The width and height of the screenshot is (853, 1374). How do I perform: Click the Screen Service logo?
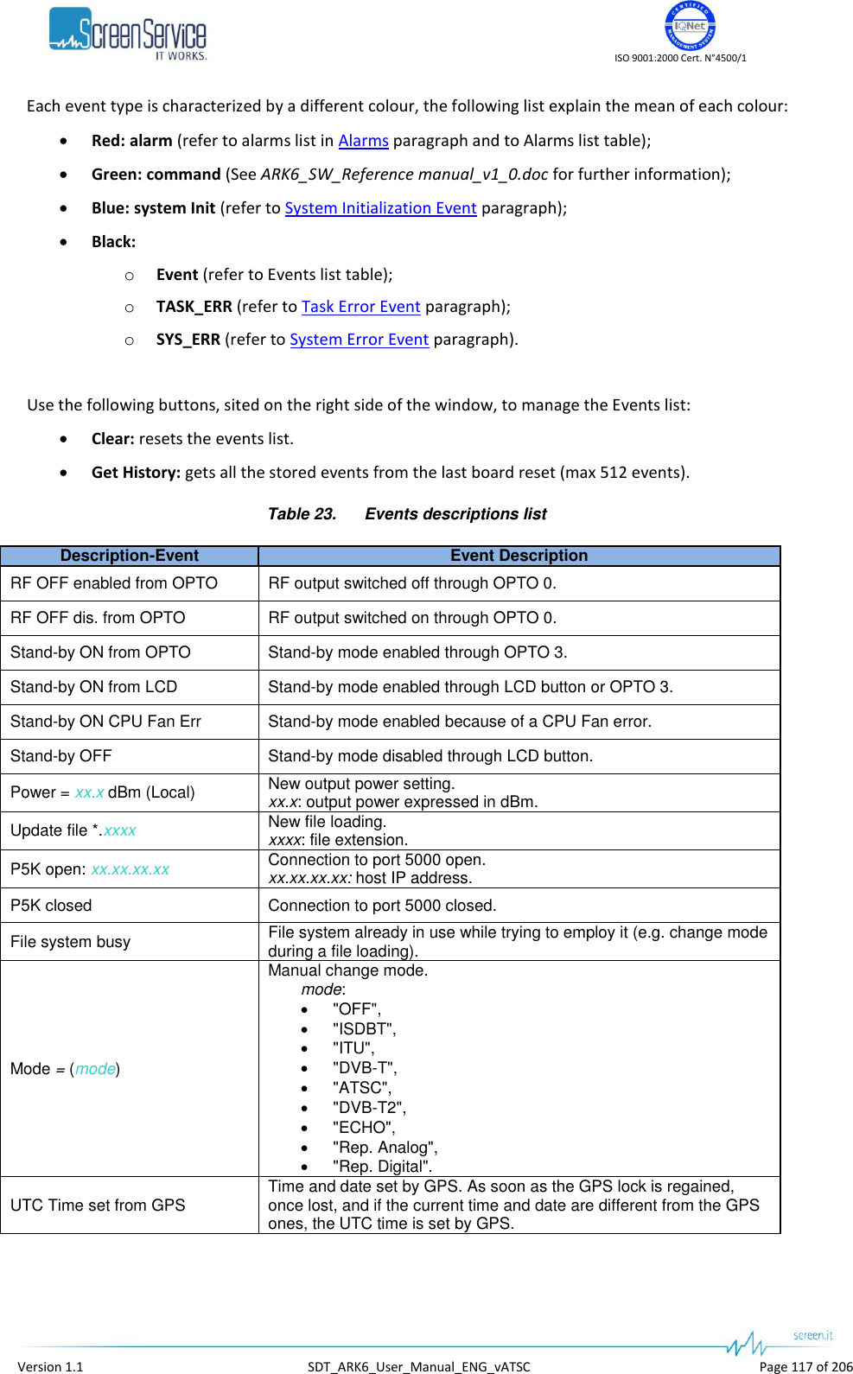pyautogui.click(x=128, y=35)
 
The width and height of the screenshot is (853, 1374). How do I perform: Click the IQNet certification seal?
pyautogui.click(x=689, y=26)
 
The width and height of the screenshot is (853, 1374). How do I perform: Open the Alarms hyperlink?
pyautogui.click(x=363, y=141)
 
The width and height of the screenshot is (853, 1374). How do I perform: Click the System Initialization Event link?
pyautogui.click(x=380, y=208)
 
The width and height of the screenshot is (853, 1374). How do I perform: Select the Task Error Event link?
pyautogui.click(x=360, y=307)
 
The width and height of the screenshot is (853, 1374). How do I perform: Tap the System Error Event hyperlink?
pyautogui.click(x=359, y=340)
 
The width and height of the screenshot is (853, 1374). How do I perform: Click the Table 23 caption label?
pyautogui.click(x=302, y=514)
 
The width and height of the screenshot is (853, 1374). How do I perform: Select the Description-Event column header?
pyautogui.click(x=130, y=556)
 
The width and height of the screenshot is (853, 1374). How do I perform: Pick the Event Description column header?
pyautogui.click(x=519, y=556)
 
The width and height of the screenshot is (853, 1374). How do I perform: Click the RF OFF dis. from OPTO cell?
pyautogui.click(x=98, y=618)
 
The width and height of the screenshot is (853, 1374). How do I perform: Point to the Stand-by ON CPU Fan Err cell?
pyautogui.click(x=105, y=722)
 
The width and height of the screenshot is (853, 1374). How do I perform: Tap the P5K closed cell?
pyautogui.click(x=51, y=906)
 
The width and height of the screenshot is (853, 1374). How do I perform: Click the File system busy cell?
pyautogui.click(x=70, y=942)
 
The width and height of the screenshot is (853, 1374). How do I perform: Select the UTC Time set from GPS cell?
pyautogui.click(x=98, y=1205)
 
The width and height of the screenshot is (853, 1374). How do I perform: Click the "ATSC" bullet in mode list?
pyautogui.click(x=361, y=1088)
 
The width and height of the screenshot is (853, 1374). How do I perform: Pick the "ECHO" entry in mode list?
pyautogui.click(x=363, y=1128)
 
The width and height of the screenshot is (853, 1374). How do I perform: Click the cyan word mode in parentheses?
pyautogui.click(x=95, y=1069)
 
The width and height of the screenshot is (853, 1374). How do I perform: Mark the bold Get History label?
pyautogui.click(x=136, y=473)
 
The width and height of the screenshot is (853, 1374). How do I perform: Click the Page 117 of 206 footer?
pyautogui.click(x=805, y=1366)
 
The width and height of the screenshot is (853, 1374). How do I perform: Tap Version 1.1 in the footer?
pyautogui.click(x=50, y=1366)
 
